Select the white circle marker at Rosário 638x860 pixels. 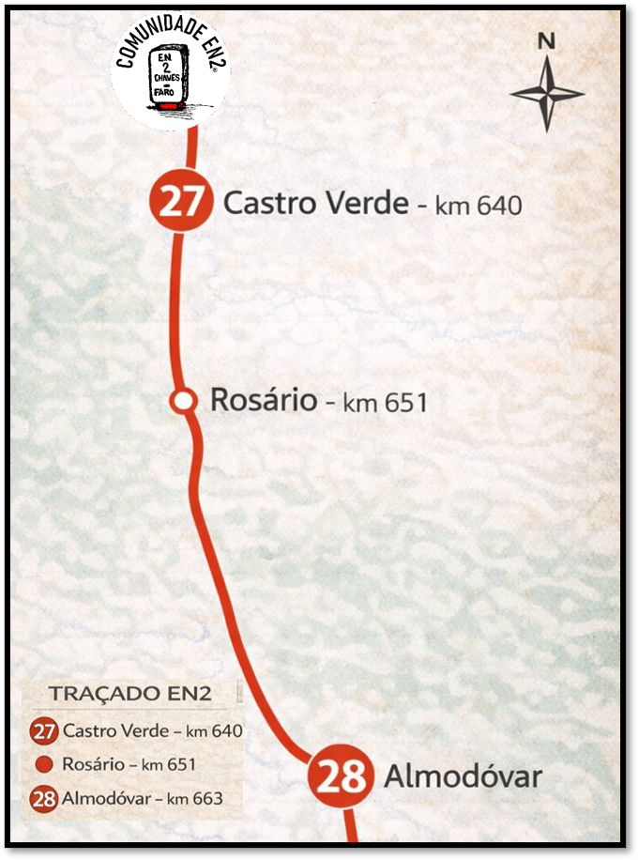(x=183, y=401)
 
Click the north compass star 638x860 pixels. (x=547, y=94)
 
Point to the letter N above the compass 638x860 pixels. (x=547, y=42)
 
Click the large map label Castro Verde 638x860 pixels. (x=315, y=203)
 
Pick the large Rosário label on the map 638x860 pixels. (x=264, y=400)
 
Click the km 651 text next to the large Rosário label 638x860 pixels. (x=385, y=403)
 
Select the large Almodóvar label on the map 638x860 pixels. (x=463, y=777)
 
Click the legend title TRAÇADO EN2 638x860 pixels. (x=129, y=695)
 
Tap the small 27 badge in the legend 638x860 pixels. (x=44, y=731)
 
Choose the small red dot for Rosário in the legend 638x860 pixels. (x=44, y=764)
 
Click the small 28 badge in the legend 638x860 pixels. (x=44, y=800)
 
